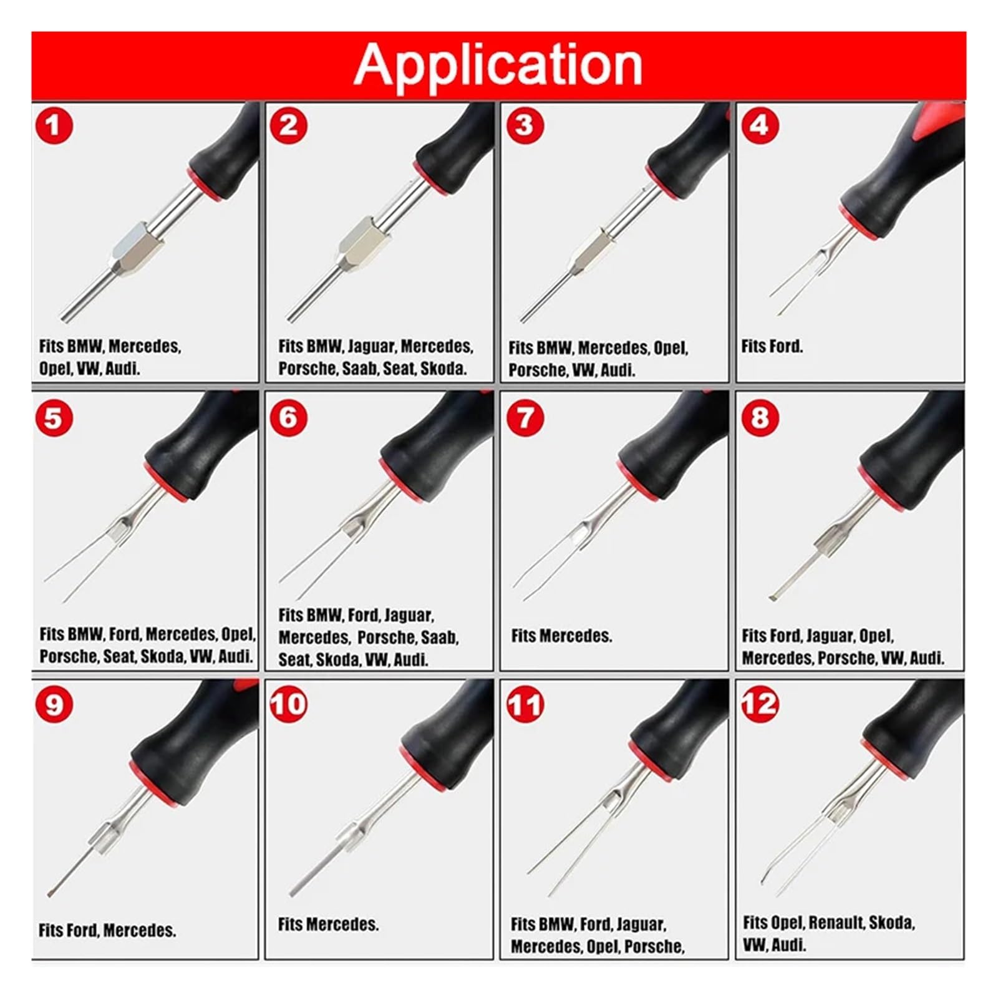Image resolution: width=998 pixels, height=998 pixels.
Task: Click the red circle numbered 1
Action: [x=54, y=125]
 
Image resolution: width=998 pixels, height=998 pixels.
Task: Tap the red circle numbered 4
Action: [x=759, y=125]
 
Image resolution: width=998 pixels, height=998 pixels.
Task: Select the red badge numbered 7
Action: [x=525, y=417]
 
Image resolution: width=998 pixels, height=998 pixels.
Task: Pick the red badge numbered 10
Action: [x=289, y=704]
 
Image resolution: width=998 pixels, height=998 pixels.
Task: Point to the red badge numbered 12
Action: [x=760, y=704]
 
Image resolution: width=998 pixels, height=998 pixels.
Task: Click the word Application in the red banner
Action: [x=498, y=64]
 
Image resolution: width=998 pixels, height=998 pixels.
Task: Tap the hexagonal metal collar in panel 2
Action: [x=365, y=245]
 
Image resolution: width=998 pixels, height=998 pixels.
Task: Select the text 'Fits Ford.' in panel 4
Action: [x=772, y=346]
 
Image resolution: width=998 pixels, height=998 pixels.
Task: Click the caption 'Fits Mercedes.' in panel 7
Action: [x=561, y=636]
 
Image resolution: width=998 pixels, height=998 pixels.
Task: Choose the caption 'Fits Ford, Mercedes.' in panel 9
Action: [x=107, y=931]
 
